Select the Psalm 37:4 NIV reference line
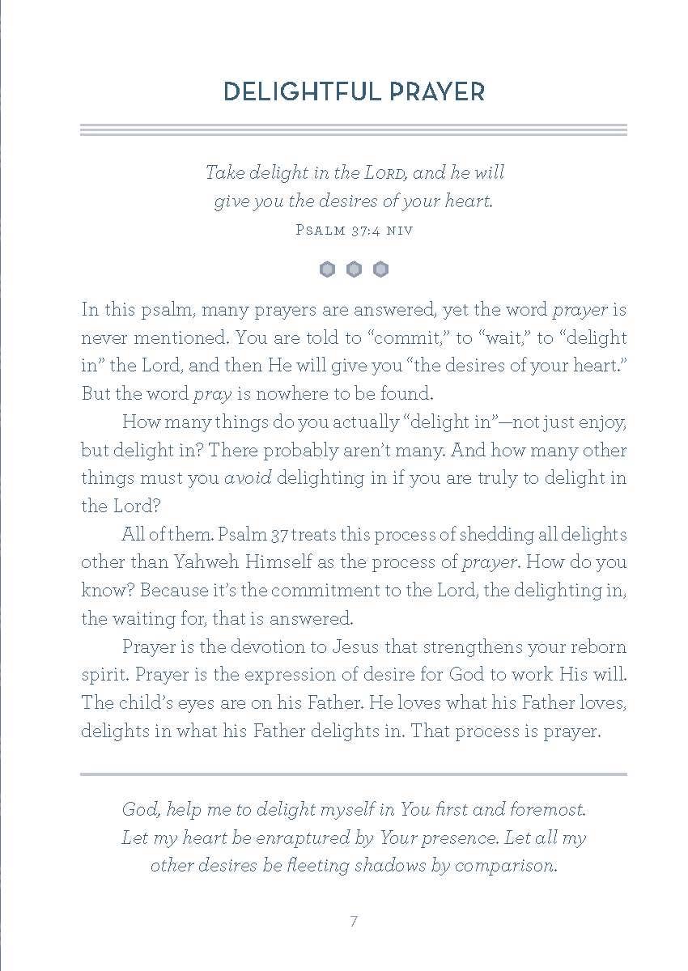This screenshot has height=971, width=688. pos(354,230)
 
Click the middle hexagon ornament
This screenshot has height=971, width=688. pos(354,269)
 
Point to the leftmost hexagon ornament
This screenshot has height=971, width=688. pos(327,269)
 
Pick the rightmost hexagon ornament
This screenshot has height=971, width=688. pos(380,269)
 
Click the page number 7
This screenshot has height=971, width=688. pos(354,922)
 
